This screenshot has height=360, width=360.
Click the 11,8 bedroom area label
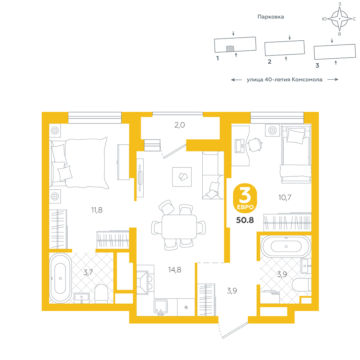point(96,210)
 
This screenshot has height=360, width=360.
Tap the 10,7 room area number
point(285,197)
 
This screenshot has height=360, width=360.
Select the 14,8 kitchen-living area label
point(175,270)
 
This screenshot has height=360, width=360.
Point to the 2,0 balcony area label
point(180,125)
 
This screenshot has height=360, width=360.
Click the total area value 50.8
point(245,220)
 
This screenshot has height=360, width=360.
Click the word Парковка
point(271,17)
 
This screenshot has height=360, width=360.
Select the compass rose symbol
point(339,19)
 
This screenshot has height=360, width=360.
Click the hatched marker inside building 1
point(230,49)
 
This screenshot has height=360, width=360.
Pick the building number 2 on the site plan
point(270,62)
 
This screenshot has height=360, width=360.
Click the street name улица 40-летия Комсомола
point(284,80)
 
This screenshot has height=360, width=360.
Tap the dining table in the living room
point(179,226)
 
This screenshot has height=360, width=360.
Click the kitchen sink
point(161,307)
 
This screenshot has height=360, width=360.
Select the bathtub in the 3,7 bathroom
point(60,278)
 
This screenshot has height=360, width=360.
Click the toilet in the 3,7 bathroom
point(101,294)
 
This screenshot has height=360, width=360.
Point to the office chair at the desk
point(255,144)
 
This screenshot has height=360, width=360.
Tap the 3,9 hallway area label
point(232,291)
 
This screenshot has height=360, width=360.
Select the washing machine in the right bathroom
point(270,297)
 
